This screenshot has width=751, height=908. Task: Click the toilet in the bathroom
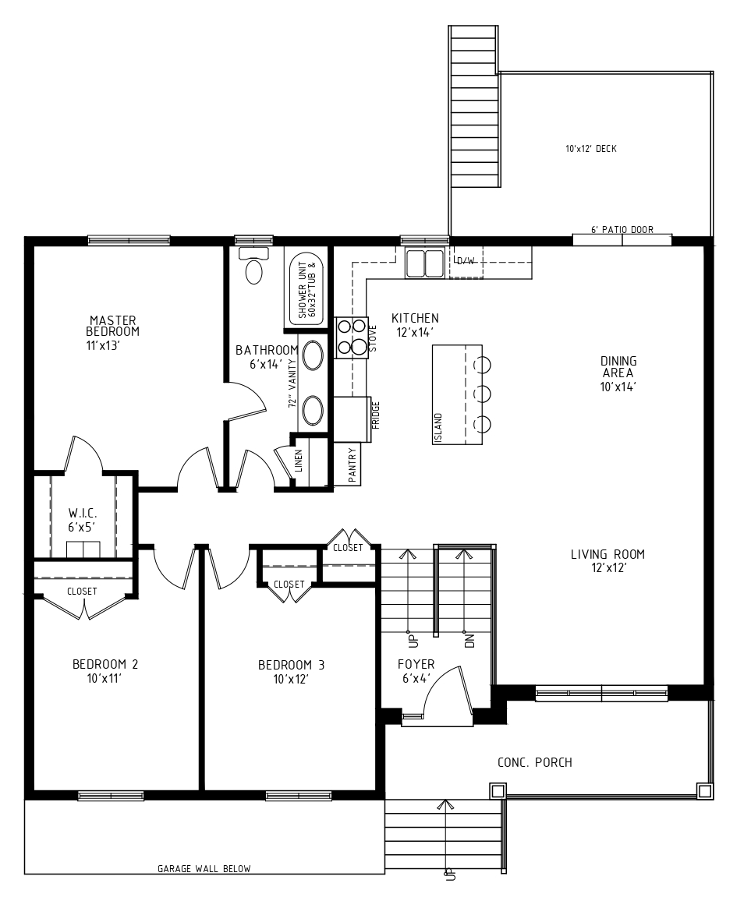pos(253,266)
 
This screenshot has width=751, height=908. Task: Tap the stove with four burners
pos(352,337)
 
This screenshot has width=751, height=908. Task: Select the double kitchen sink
pos(425,263)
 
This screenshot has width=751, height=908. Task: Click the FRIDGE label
pos(376,415)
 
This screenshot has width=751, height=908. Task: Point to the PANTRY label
pos(352,465)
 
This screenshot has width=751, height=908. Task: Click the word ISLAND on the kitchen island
pos(438,429)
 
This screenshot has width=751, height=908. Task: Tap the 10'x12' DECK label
pos(591,149)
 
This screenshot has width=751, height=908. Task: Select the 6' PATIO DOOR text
pos(622,230)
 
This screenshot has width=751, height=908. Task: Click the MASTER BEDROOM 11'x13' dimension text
pos(103,346)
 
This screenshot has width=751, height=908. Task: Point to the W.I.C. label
pos(83,513)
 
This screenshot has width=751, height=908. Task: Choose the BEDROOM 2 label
pos(105,664)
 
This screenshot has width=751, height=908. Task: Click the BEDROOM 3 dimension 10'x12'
pos(291,679)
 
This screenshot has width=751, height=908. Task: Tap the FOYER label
pos(416,664)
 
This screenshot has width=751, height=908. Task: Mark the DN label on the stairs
pos(469,640)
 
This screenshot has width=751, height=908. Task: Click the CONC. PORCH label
pos(535,763)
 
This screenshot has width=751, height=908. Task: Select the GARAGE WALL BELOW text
pos(204,868)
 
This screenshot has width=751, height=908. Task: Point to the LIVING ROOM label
pos(608,554)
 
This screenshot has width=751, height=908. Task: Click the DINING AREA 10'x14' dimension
pos(618,387)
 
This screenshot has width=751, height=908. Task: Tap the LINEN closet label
pos(299,461)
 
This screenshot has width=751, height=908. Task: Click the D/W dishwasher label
pos(466,261)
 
